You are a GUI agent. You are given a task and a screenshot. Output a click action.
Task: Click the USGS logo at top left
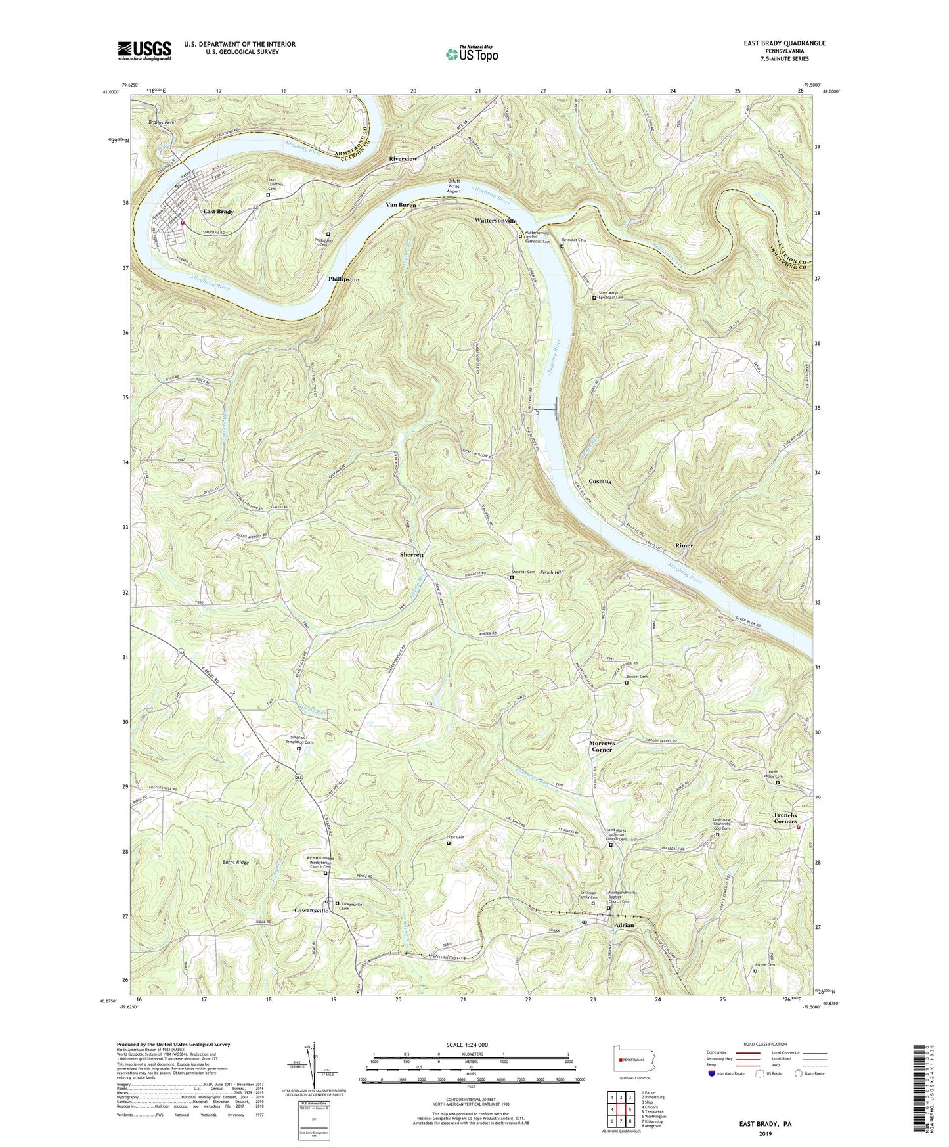pyautogui.click(x=144, y=50)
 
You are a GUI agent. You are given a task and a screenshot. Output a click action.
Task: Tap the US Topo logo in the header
pyautogui.click(x=471, y=54)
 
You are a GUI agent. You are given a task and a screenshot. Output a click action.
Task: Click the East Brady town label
pyautogui.click(x=218, y=212)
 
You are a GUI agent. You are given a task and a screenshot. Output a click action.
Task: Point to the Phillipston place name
pyautogui.click(x=343, y=279)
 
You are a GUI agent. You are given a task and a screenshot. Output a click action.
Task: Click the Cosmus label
pyautogui.click(x=600, y=481)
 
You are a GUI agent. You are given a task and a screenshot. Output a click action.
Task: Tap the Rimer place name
pyautogui.click(x=684, y=545)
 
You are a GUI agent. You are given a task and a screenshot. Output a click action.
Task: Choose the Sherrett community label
pyautogui.click(x=412, y=555)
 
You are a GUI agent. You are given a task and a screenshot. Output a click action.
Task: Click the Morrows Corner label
pyautogui.click(x=602, y=746)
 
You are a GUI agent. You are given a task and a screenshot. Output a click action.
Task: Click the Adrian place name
pyautogui.click(x=623, y=925)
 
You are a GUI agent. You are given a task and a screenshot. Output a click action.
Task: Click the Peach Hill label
pyautogui.click(x=551, y=573)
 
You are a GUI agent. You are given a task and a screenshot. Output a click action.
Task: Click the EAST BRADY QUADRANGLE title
pyautogui.click(x=785, y=43)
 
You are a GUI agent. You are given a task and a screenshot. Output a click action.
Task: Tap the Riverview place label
pyautogui.click(x=403, y=159)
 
